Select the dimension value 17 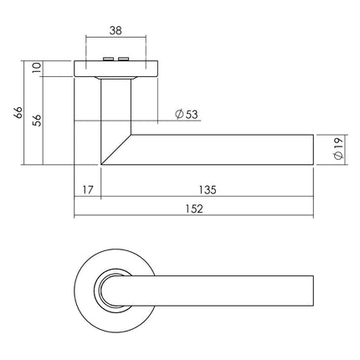pos(88,190)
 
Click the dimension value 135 pos(207,190)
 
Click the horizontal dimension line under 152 pos(251,219)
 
